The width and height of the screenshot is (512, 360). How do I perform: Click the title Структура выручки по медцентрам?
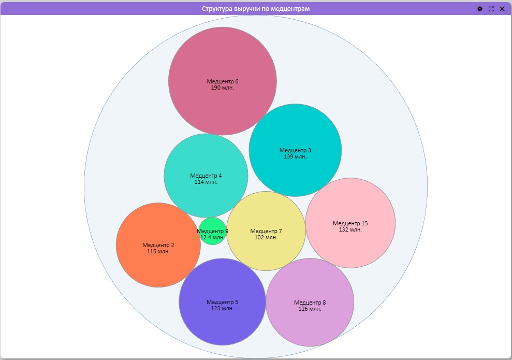click(x=256, y=9)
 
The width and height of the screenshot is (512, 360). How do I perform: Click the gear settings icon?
click(x=480, y=9)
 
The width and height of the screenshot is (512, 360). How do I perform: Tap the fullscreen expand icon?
click(x=491, y=9)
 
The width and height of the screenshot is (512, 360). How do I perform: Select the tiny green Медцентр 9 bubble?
click(x=212, y=231)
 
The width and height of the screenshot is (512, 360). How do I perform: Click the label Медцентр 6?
click(x=223, y=81)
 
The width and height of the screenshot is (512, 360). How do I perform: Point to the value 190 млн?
click(x=223, y=88)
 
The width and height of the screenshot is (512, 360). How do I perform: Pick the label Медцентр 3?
click(x=295, y=150)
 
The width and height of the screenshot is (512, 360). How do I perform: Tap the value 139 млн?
click(x=295, y=156)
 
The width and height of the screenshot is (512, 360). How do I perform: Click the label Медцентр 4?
click(x=206, y=176)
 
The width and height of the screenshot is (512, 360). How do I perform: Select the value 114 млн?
click(x=206, y=182)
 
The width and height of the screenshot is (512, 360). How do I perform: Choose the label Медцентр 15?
click(x=350, y=223)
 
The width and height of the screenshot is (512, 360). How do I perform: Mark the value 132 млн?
click(x=350, y=229)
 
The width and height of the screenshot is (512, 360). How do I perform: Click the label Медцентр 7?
click(x=266, y=232)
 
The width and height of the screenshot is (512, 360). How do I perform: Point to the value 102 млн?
click(x=266, y=237)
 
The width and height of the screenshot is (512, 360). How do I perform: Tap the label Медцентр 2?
click(x=158, y=246)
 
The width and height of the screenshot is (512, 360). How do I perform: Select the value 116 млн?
click(x=158, y=252)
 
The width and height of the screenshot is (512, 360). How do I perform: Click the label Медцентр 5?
click(x=223, y=302)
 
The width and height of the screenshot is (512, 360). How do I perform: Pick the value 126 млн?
click(x=310, y=309)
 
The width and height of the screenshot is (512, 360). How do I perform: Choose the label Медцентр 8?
click(x=310, y=303)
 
